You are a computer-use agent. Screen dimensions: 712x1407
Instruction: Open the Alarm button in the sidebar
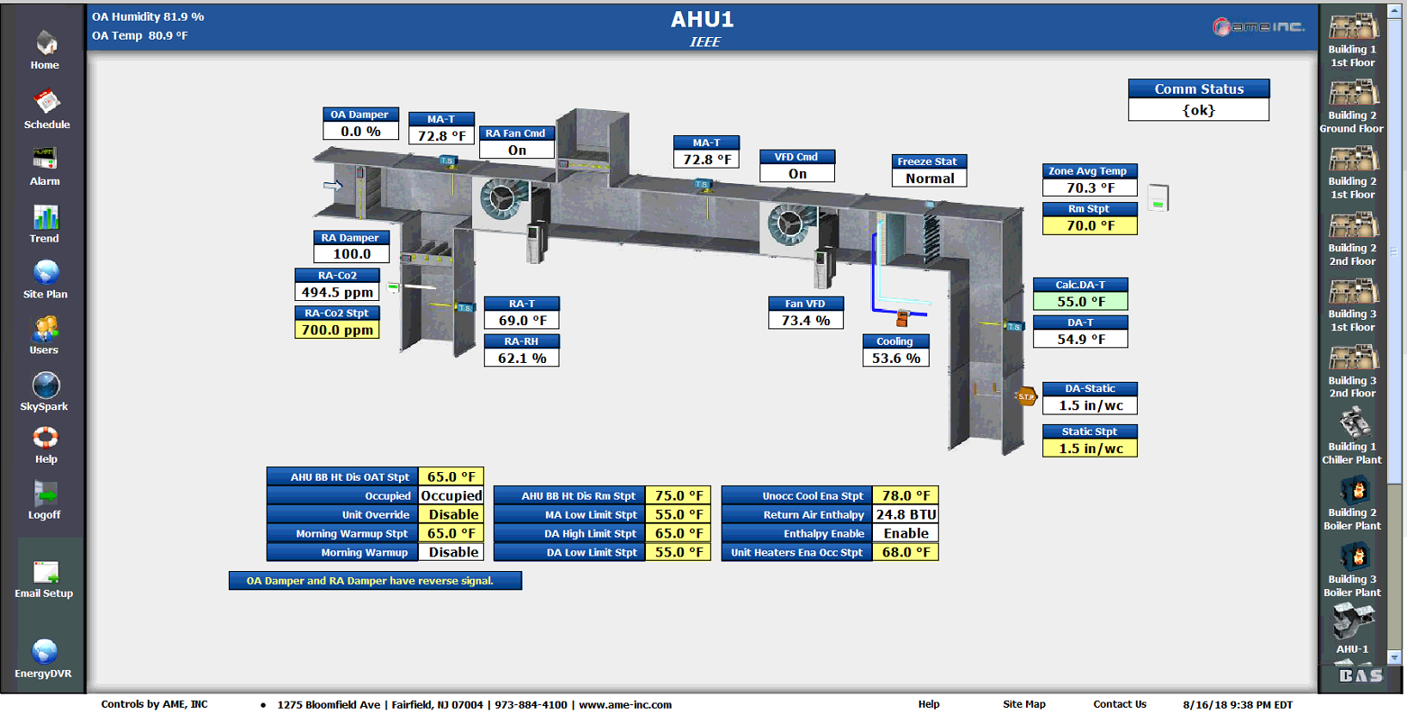pos(45,159)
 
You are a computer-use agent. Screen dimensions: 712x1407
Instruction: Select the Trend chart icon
pos(45,218)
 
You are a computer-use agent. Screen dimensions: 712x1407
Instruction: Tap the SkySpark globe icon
pos(46,385)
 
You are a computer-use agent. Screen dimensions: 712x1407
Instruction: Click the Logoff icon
pos(45,494)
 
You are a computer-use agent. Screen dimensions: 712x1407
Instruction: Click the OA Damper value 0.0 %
pos(360,132)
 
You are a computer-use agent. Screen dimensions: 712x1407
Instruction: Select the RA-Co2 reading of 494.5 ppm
pos(337,292)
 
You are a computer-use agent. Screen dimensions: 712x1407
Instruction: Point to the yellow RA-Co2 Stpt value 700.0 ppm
pos(337,330)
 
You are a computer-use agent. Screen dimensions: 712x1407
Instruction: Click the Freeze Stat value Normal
pos(930,179)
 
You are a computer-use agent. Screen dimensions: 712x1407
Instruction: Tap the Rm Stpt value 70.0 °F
pos(1090,226)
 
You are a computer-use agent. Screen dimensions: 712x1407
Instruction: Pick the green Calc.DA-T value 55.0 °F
pos(1080,302)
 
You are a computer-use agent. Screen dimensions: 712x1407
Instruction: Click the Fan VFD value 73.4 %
pos(805,321)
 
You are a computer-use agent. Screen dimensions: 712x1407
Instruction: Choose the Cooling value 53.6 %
pos(895,359)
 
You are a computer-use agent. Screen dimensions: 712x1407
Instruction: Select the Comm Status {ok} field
pos(1198,111)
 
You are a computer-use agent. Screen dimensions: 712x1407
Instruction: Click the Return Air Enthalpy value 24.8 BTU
pos(906,515)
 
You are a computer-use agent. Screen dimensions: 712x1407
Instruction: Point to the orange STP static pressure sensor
pos(1026,397)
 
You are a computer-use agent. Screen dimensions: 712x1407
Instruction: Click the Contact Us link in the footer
pos(1119,704)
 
